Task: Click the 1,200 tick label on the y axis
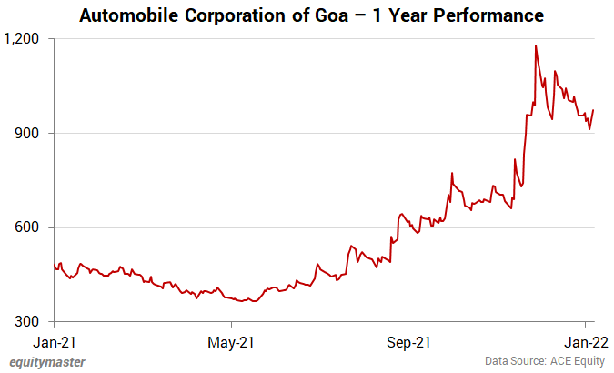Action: (24, 39)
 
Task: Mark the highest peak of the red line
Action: (536, 45)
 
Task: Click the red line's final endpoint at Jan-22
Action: (593, 110)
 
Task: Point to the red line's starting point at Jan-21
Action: (55, 265)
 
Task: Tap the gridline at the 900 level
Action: (273, 134)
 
